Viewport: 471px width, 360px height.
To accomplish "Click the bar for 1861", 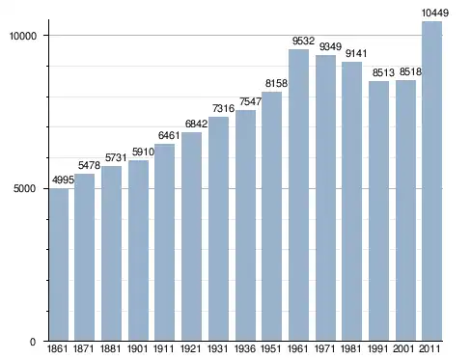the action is [x=59, y=264].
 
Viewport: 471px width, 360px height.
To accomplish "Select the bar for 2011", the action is [x=431, y=181].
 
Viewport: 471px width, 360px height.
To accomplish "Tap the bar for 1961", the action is [x=298, y=195].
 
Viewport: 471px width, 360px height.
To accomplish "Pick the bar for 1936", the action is [x=245, y=226].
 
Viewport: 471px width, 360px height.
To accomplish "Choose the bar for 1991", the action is [x=378, y=211].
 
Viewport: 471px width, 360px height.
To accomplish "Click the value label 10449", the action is [x=435, y=14].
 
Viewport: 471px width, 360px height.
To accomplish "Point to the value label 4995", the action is [x=63, y=180].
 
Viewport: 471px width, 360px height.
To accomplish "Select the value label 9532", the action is [x=303, y=41].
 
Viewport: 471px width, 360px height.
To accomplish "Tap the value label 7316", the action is [x=223, y=108].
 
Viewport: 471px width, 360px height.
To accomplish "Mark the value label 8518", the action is [x=410, y=71].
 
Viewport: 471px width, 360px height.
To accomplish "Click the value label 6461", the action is [x=169, y=135].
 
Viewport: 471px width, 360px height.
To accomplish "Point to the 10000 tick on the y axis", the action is [x=23, y=36].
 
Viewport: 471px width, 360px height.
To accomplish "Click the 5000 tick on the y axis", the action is [x=25, y=188].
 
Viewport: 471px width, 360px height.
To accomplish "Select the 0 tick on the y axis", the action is [x=33, y=342].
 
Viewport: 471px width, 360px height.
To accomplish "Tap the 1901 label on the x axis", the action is [x=138, y=348].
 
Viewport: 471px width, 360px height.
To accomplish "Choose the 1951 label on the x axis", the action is [x=271, y=348].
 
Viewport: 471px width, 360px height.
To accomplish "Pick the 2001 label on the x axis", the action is [x=403, y=348].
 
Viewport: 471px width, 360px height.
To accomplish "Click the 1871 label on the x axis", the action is [x=84, y=348].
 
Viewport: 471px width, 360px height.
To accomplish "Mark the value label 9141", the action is [x=356, y=53].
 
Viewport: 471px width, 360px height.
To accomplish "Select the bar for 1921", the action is [x=191, y=236].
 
